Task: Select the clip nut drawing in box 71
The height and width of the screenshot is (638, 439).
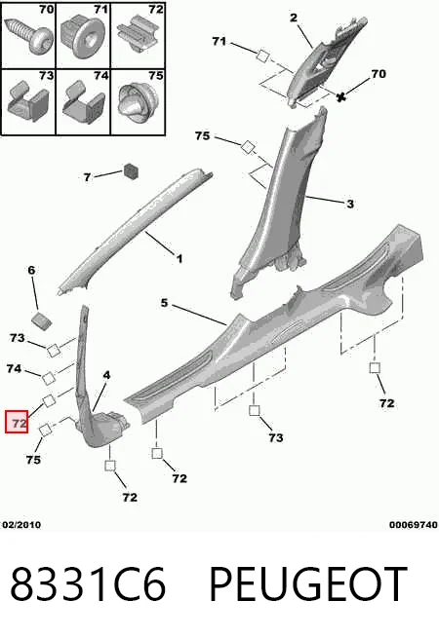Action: (83, 36)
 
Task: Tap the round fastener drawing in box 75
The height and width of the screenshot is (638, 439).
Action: (138, 102)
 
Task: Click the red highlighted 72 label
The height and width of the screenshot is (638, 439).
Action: (17, 422)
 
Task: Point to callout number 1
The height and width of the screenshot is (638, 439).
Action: (179, 258)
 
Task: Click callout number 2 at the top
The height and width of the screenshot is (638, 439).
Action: (294, 18)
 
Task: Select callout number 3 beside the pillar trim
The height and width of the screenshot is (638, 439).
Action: (350, 204)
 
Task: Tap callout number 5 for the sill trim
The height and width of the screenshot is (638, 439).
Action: (164, 303)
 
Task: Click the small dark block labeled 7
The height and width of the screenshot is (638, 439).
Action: (131, 170)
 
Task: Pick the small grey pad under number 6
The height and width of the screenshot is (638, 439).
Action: (42, 320)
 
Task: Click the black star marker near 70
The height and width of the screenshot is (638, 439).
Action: (341, 96)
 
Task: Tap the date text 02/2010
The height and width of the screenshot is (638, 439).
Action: (22, 524)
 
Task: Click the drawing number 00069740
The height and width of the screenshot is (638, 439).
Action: (414, 525)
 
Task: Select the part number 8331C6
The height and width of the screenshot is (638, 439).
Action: (88, 584)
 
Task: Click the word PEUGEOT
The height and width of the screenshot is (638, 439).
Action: (307, 584)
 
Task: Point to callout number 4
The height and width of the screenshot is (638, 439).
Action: (106, 375)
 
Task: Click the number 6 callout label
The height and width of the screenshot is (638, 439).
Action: (31, 270)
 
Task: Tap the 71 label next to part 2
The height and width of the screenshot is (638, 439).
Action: (219, 41)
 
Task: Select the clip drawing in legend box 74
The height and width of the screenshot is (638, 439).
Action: (83, 102)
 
